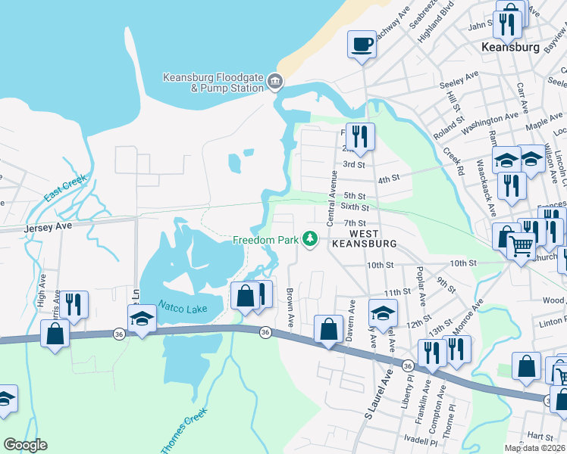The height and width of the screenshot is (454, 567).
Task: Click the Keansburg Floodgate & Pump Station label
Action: (214, 82)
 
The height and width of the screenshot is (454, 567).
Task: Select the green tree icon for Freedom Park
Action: (309, 239)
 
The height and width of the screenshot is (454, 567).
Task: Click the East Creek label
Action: (65, 188)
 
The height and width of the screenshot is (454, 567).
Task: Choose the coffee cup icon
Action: (362, 44)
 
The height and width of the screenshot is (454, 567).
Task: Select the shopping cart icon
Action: (521, 247)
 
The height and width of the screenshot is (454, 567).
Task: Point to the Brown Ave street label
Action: (290, 307)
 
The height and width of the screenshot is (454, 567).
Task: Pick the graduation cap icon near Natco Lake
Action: (142, 319)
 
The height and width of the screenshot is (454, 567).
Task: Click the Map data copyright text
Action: (535, 448)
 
